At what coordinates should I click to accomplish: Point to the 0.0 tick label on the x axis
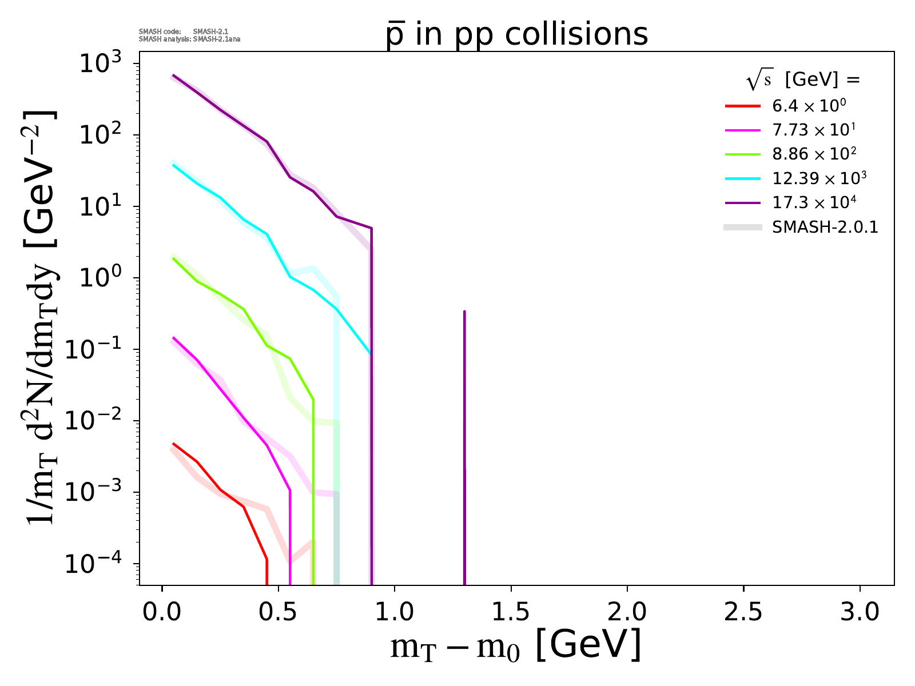pyautogui.click(x=162, y=612)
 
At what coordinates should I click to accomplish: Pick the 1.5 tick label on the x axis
pyautogui.click(x=511, y=612)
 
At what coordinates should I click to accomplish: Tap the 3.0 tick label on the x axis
pyautogui.click(x=860, y=612)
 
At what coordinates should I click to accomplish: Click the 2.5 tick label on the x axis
pyautogui.click(x=743, y=612)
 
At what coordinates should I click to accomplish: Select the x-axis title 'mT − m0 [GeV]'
pyautogui.click(x=516, y=646)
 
